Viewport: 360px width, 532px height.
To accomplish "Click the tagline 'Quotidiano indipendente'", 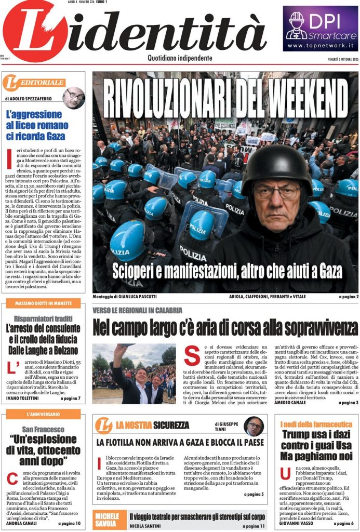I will (x=180, y=58).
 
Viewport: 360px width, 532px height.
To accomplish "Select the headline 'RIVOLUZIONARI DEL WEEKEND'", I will (x=225, y=98).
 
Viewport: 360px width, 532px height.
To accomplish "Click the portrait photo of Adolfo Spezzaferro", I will (x=73, y=97).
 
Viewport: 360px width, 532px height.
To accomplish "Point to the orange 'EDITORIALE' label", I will (x=34, y=82).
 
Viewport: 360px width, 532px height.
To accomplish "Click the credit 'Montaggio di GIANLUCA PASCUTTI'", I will (x=125, y=297).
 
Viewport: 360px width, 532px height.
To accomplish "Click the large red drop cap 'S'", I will (x=191, y=355).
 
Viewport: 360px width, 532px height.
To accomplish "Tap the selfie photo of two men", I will (x=134, y=374).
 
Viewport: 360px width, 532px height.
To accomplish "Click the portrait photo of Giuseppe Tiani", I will (x=254, y=426).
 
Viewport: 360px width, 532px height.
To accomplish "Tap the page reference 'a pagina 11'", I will (x=251, y=526).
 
